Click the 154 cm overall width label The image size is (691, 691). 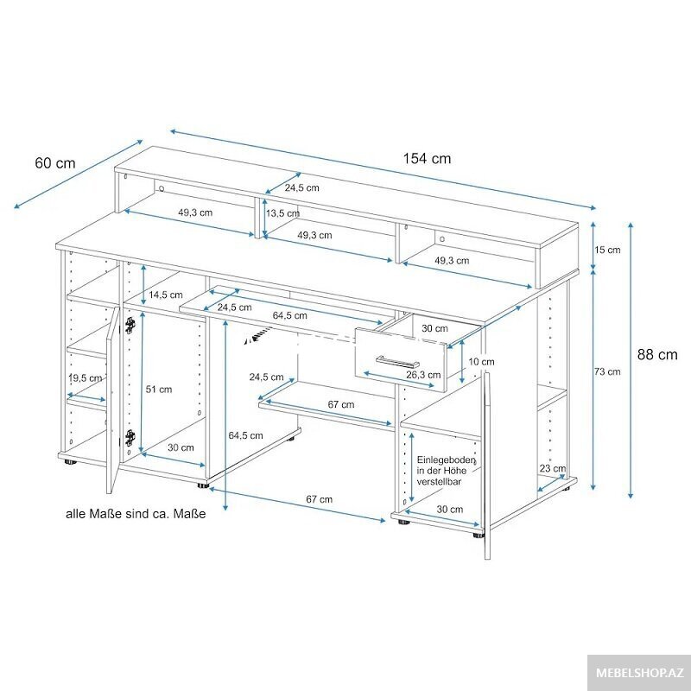(x=427, y=159)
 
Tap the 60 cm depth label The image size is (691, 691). (x=55, y=163)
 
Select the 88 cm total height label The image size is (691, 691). (x=657, y=354)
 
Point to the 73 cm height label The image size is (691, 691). (x=607, y=371)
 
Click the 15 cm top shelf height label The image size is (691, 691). (x=607, y=250)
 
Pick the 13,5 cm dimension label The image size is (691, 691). (x=282, y=213)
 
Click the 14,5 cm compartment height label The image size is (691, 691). (x=165, y=295)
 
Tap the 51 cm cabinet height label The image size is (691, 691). (x=159, y=390)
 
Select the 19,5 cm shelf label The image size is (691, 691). (x=85, y=378)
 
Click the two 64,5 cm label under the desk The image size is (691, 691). (x=245, y=435)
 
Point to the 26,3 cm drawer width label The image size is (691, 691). (x=423, y=375)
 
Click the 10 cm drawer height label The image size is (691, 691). (x=481, y=362)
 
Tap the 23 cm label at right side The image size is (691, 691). (x=553, y=468)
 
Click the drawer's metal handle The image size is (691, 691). (x=397, y=362)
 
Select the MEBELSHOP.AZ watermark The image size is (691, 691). (x=639, y=673)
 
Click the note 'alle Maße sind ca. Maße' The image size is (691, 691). (x=136, y=514)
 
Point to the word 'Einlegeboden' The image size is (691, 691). (x=447, y=460)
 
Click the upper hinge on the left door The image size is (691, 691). (x=130, y=325)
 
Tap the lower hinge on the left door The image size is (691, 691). (x=130, y=437)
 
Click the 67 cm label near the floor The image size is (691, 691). (x=319, y=499)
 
